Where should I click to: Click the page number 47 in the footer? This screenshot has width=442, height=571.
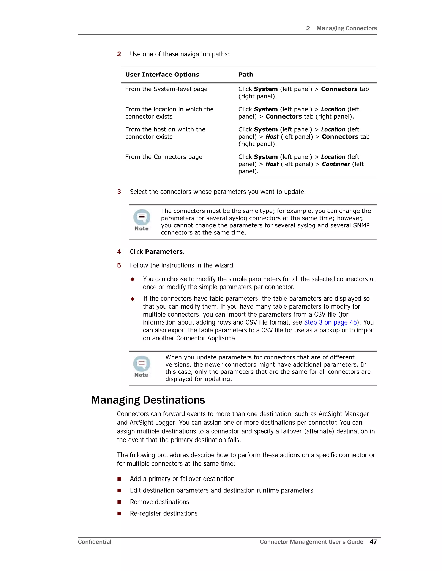[x=373, y=542]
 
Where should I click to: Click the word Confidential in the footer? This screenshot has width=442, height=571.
[x=95, y=542]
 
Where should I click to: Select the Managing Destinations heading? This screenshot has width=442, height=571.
[x=148, y=400]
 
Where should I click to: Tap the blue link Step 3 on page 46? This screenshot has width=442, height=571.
[x=330, y=322]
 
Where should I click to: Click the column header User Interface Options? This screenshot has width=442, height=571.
[x=162, y=75]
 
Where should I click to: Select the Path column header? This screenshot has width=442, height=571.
[x=246, y=75]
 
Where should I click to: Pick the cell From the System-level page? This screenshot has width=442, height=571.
[x=166, y=89]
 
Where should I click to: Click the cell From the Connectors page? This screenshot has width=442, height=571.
[x=164, y=157]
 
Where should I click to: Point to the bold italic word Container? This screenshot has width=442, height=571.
[x=336, y=164]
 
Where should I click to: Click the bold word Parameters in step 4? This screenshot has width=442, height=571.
[x=164, y=252]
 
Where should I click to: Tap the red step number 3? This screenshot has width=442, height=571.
[x=119, y=192]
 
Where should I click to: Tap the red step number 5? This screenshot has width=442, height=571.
[x=119, y=265]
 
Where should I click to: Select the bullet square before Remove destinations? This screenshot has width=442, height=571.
[x=119, y=502]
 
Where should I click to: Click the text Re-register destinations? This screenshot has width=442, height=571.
[x=164, y=513]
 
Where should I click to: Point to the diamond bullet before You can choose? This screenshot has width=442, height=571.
[x=133, y=279]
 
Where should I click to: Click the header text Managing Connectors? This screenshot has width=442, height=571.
[x=346, y=28]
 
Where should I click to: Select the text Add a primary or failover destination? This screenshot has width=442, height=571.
[x=182, y=479]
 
